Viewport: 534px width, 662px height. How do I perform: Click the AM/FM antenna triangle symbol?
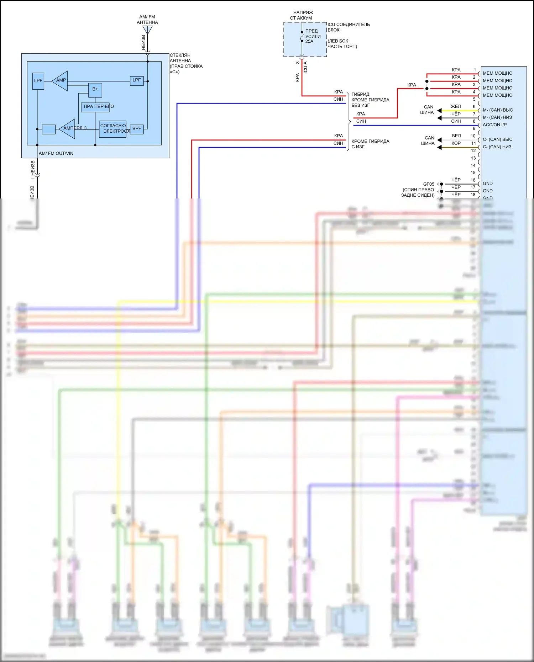coord(147,30)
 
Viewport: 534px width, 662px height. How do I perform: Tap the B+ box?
coord(95,89)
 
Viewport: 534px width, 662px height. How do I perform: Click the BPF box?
coord(137,129)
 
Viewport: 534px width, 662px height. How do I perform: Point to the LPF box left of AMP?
coord(38,81)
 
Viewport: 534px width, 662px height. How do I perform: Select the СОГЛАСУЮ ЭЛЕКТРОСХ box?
coord(113,128)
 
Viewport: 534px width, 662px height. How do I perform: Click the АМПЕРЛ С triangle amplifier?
coord(68,128)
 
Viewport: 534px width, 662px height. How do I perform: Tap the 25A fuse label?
coord(309,42)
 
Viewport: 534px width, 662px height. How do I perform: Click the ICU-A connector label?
coord(305,67)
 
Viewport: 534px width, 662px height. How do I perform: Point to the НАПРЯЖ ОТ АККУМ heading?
coord(302,15)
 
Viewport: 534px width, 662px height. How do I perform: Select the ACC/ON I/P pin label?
coord(494,125)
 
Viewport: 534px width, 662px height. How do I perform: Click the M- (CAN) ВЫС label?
coord(498,110)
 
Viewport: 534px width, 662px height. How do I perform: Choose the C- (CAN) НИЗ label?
coord(497,147)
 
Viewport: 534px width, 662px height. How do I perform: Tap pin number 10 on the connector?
coord(473,136)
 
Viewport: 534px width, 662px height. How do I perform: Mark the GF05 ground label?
coord(429,184)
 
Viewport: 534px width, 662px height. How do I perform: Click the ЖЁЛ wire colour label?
coord(456,106)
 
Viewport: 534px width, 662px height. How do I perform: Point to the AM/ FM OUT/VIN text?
coord(56,154)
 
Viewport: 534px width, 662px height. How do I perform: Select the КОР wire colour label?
coord(456,143)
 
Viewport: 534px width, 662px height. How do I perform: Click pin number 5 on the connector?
coord(474,99)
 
